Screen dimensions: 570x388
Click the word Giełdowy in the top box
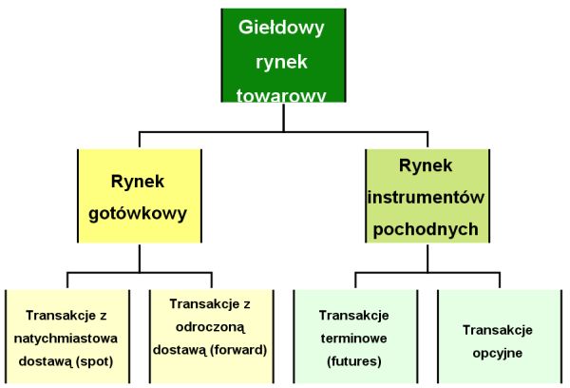click(x=281, y=28)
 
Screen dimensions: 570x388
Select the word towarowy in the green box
click(x=281, y=95)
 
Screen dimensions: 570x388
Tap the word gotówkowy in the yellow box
click(x=138, y=214)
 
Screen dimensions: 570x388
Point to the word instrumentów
click(x=426, y=198)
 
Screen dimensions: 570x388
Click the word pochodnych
click(x=426, y=230)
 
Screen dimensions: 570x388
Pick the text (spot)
click(x=95, y=361)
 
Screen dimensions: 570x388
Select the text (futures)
click(x=354, y=361)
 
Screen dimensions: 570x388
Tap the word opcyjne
click(x=497, y=354)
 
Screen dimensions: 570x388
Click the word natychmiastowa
click(x=66, y=339)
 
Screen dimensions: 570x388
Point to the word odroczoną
click(x=210, y=327)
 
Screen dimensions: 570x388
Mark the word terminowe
click(x=353, y=339)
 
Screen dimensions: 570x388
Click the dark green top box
click(x=283, y=55)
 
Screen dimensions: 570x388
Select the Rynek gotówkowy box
click(x=140, y=196)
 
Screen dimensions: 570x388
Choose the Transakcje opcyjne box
click(x=500, y=337)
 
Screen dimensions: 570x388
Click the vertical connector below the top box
click(x=283, y=117)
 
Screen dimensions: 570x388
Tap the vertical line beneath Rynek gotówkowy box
click(x=140, y=258)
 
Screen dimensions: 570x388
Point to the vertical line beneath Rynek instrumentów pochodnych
click(x=427, y=258)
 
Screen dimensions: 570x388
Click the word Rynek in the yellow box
click(x=138, y=182)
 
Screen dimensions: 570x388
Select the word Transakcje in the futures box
click(x=354, y=315)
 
